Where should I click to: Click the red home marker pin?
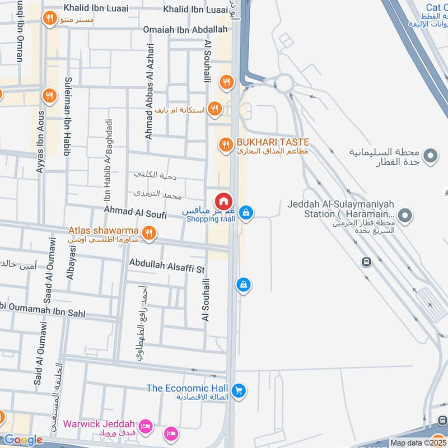coord(223,201)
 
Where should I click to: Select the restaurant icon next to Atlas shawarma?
coord(148,233)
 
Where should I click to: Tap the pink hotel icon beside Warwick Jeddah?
coord(145,427)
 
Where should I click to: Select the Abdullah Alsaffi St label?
coord(167,265)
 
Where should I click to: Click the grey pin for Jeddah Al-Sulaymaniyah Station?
coord(407,214)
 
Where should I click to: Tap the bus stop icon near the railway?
coord(367,262)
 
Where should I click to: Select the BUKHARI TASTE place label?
coord(273,142)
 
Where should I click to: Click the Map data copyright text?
coord(418,442)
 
